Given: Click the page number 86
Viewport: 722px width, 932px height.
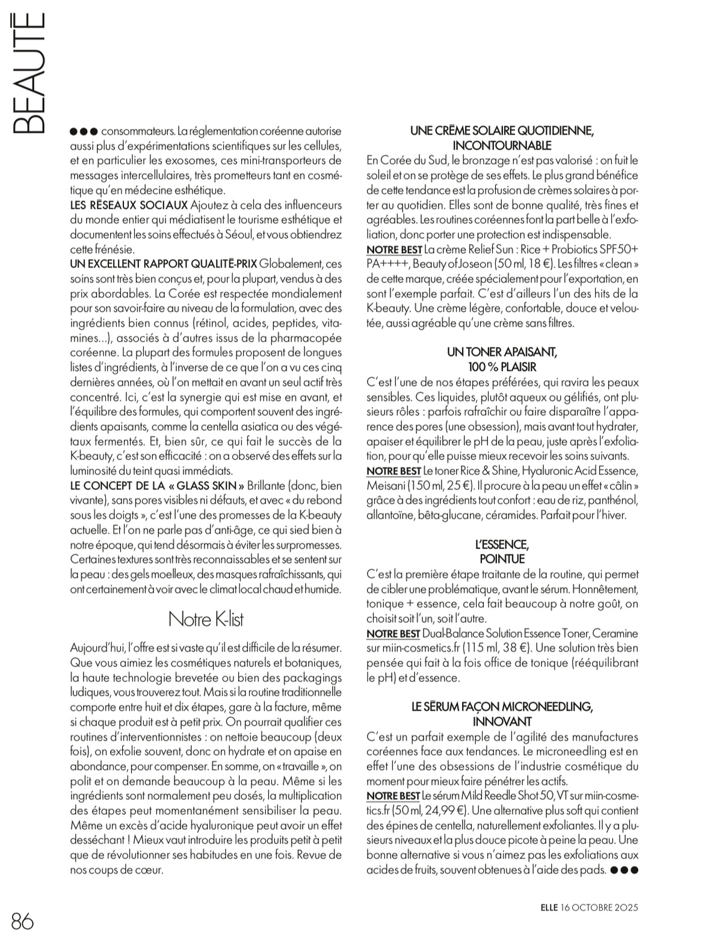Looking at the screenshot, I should click(x=22, y=903).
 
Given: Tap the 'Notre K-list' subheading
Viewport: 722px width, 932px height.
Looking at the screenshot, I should click(x=206, y=618).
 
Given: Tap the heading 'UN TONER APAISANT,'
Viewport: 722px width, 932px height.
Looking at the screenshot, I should click(x=502, y=352).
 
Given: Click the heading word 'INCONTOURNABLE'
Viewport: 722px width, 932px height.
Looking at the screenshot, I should click(x=502, y=146).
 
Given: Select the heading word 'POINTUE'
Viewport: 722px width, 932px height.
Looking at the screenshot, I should click(x=502, y=559).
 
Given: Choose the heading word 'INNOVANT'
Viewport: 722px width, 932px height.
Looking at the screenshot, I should click(x=502, y=721).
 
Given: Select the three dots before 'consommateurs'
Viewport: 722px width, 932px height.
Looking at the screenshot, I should click(x=84, y=130).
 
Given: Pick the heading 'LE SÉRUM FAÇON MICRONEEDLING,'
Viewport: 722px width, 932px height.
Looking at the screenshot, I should click(x=502, y=707).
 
